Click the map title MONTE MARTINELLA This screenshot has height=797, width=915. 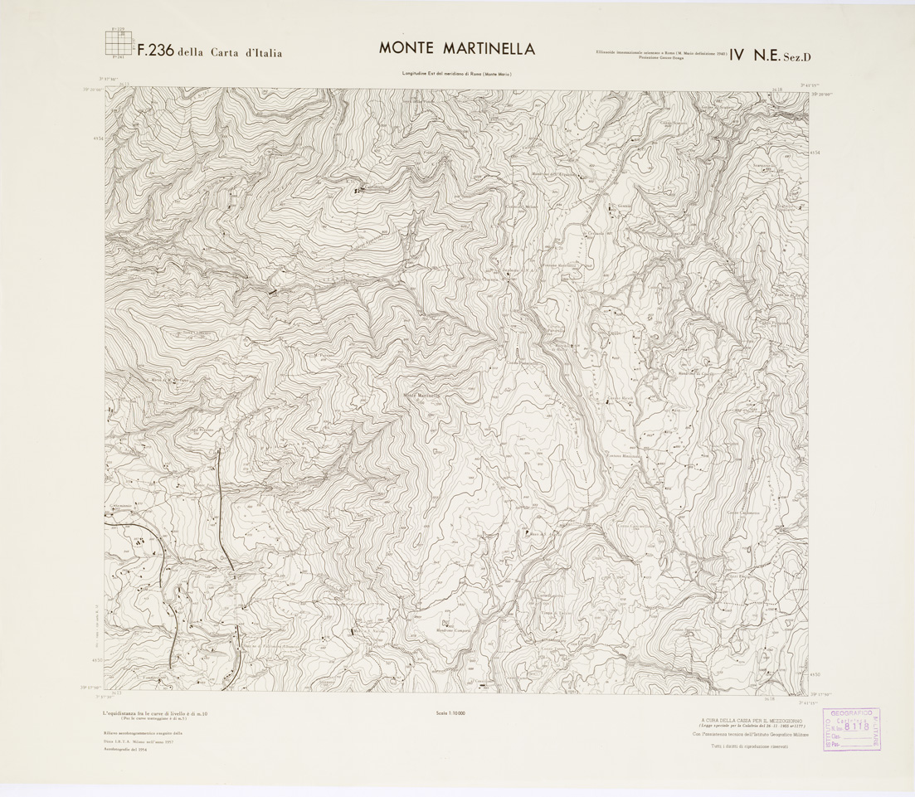tap(456, 48)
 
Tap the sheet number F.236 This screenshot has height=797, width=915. tap(154, 51)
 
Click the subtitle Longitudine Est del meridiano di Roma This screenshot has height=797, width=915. tap(456, 75)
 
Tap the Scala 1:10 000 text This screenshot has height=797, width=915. tap(450, 712)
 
